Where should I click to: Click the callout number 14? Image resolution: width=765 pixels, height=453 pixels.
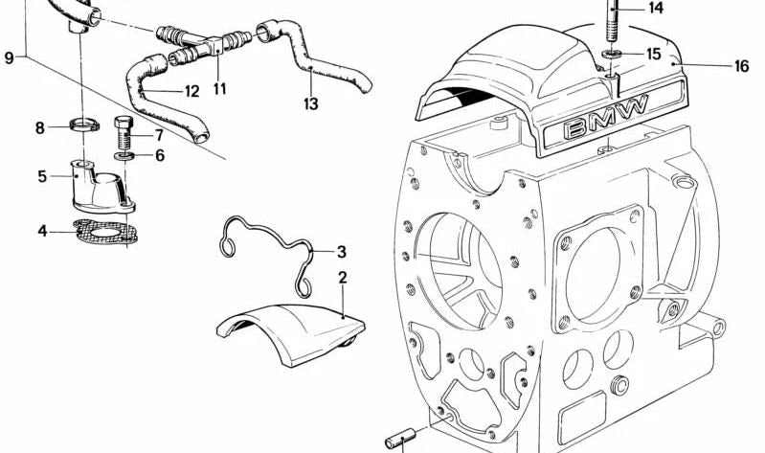[655, 9]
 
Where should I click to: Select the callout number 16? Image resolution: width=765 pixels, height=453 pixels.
[741, 66]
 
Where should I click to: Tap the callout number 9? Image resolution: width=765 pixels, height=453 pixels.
[9, 58]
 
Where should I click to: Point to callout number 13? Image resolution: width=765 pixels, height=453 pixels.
[310, 102]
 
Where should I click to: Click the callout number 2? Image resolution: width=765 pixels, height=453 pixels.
[343, 277]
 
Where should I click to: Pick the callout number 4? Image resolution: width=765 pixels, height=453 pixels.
[42, 231]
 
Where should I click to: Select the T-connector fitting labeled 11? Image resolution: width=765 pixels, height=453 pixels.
[218, 43]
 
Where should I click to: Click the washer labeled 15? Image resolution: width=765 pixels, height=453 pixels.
[612, 55]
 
